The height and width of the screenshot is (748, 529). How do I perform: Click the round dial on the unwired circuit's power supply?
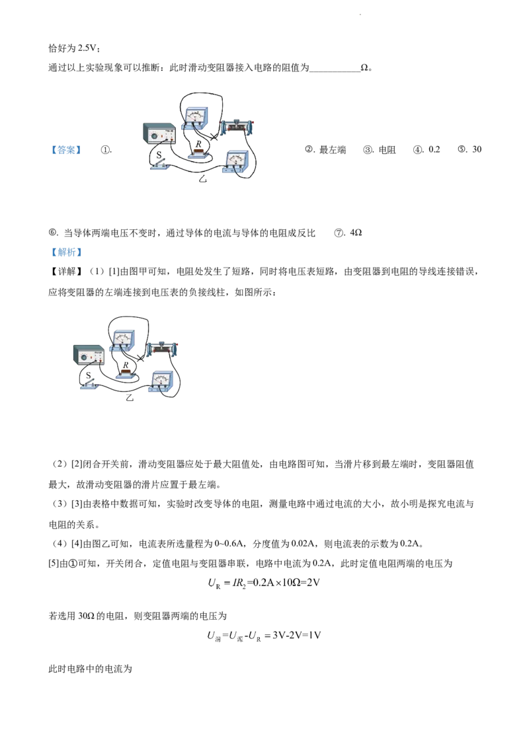[x=155, y=137]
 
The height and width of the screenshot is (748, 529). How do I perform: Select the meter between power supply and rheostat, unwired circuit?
[x=196, y=116]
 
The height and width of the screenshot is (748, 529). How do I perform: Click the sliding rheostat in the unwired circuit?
[x=237, y=126]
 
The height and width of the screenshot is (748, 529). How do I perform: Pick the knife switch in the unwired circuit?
[x=160, y=165]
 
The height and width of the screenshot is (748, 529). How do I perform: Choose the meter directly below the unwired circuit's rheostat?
[x=237, y=161]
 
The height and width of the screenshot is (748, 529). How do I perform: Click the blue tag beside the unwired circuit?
[x=66, y=151]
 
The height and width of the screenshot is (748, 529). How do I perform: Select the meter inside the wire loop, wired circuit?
[x=122, y=339]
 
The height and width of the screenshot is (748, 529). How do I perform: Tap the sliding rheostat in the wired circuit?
[x=163, y=348]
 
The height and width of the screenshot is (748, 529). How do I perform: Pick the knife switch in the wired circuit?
[x=89, y=383]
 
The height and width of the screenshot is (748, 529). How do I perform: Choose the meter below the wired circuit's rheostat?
[x=163, y=381]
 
